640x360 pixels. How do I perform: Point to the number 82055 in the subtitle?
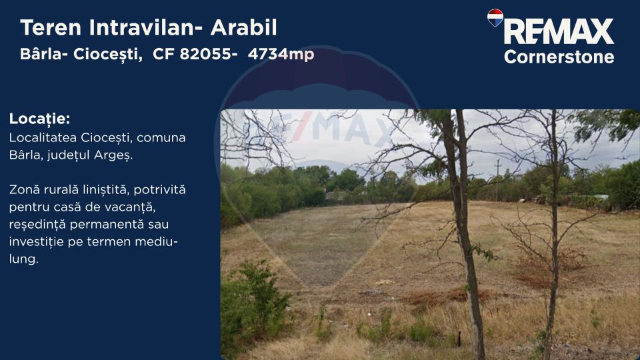(x=204, y=54)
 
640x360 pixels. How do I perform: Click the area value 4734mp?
(x=281, y=54)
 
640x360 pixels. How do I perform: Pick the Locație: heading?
(x=39, y=119)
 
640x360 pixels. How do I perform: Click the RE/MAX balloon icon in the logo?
(x=495, y=17)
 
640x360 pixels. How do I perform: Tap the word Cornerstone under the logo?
(x=559, y=57)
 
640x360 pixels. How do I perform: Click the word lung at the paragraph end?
(x=23, y=259)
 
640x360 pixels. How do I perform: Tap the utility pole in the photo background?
(x=497, y=178)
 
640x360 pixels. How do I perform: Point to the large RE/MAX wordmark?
(x=558, y=31)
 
